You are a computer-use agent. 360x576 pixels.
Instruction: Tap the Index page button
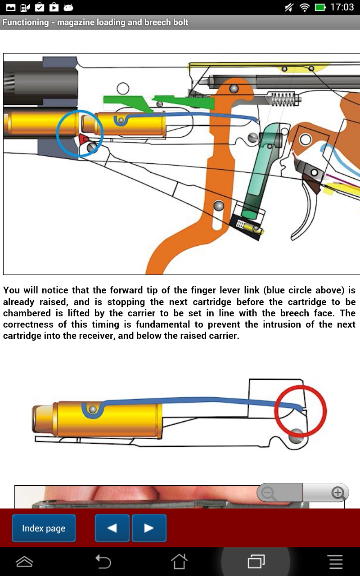[x=44, y=528]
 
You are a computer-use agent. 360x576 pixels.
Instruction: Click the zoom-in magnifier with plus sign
[x=337, y=493]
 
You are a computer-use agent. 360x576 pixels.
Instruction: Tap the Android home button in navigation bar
[x=179, y=561]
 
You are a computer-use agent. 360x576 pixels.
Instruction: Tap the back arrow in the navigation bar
[x=103, y=561]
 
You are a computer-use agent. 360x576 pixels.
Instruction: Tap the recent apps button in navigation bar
[x=256, y=561]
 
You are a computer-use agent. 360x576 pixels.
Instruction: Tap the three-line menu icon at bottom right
[x=335, y=561]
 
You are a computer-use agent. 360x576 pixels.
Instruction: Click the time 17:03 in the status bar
[x=342, y=7]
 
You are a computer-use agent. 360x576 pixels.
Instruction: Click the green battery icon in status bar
[x=320, y=7]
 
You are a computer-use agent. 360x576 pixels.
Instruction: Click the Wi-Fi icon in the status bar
[x=305, y=7]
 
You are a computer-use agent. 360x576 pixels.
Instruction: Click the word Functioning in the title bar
[x=25, y=22]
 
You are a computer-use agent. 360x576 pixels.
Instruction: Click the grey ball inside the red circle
[x=296, y=436]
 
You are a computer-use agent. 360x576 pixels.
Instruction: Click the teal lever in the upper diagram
[x=261, y=171]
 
